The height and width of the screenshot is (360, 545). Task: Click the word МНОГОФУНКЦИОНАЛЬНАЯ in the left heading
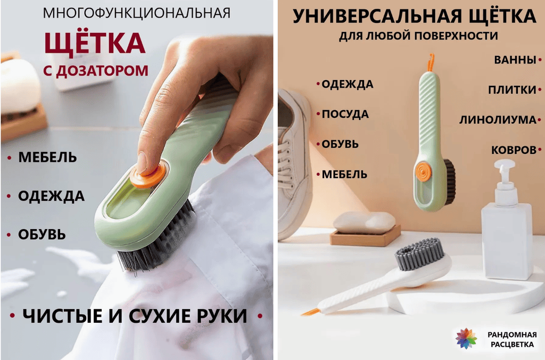(x=137, y=13)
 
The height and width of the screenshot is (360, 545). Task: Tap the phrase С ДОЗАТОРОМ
(x=96, y=70)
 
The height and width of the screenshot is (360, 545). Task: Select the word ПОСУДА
(x=345, y=114)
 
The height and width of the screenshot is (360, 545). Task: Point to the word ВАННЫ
(x=515, y=60)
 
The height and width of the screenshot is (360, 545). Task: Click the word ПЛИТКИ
(x=512, y=90)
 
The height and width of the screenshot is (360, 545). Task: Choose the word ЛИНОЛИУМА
(x=498, y=120)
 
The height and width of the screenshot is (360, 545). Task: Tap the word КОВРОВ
(x=514, y=150)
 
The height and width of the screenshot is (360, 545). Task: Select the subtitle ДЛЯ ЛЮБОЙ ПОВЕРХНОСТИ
(x=418, y=36)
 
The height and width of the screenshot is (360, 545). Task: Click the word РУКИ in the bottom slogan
(x=221, y=316)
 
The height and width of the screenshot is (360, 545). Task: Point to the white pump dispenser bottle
(x=507, y=220)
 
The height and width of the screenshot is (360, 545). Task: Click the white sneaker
(x=295, y=164)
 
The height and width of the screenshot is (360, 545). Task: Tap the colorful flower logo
(x=466, y=338)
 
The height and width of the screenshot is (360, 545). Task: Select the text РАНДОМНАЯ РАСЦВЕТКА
(x=512, y=339)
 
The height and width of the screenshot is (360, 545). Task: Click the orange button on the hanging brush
(x=423, y=171)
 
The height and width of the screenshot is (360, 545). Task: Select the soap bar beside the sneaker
(x=364, y=223)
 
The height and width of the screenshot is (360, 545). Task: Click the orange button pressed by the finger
(x=150, y=176)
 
